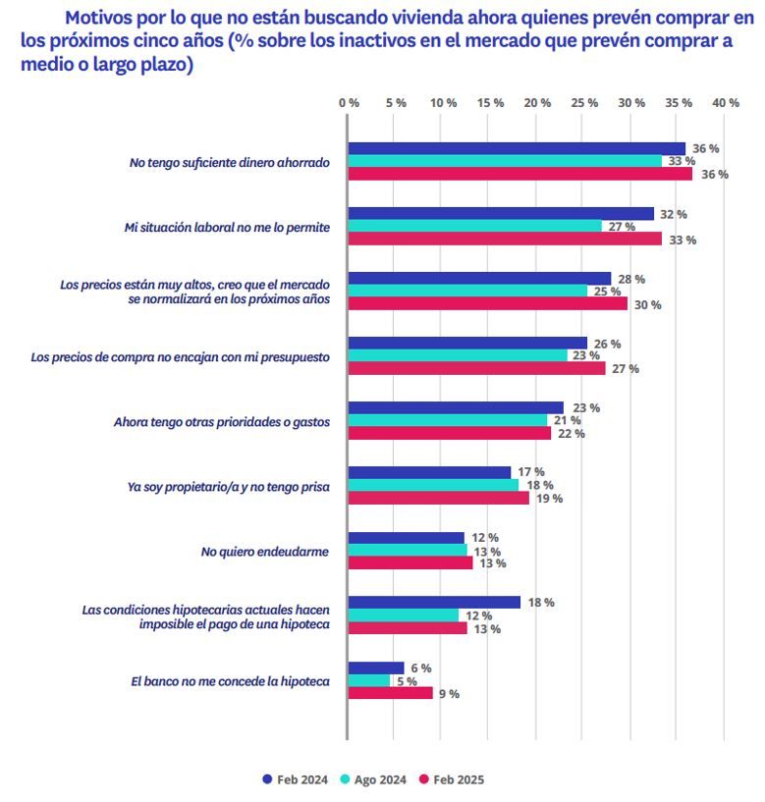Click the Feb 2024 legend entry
tap(295, 779)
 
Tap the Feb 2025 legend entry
tap(451, 779)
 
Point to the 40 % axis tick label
tap(725, 103)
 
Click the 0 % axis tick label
tap(348, 103)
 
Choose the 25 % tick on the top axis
tap(584, 103)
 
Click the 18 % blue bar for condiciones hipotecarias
tap(434, 602)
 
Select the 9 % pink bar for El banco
tap(391, 693)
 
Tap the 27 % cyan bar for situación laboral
tap(475, 227)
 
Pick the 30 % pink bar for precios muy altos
tap(488, 304)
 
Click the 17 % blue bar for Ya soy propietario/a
tap(429, 472)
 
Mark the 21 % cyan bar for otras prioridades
tap(447, 420)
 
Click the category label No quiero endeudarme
tap(265, 551)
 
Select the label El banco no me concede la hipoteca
tap(230, 680)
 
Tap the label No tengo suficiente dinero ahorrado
tap(230, 162)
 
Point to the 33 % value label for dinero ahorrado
tap(682, 162)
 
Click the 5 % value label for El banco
tap(405, 680)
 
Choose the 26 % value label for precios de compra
tap(606, 344)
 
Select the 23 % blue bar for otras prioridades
tap(456, 407)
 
